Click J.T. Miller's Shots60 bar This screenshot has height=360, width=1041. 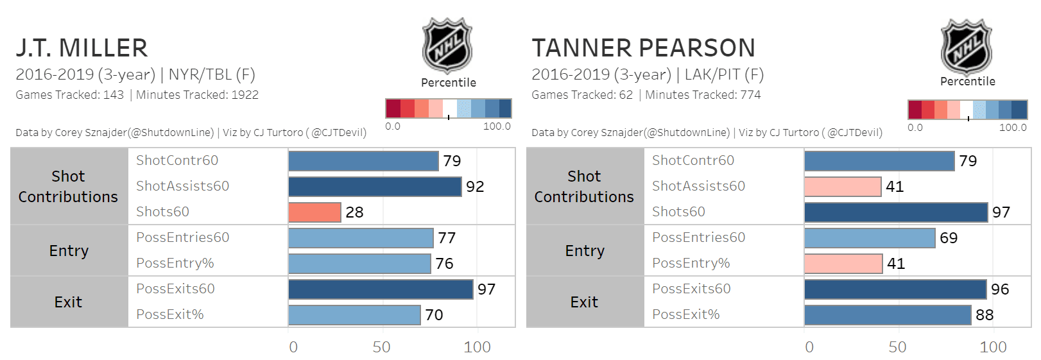(x=314, y=212)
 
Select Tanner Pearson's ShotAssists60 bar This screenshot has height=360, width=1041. (x=842, y=187)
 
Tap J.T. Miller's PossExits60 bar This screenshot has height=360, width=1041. (x=381, y=289)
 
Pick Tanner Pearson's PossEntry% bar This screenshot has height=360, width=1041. (x=843, y=264)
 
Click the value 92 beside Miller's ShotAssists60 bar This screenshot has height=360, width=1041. (x=475, y=187)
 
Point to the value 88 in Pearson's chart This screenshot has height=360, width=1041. (x=985, y=315)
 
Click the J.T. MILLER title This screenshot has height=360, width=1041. (x=82, y=48)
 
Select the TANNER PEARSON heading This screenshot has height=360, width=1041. (x=643, y=48)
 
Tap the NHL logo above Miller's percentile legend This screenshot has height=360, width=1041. (x=447, y=46)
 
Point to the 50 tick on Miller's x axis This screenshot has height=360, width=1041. (x=381, y=347)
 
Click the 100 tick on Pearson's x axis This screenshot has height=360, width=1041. (x=993, y=347)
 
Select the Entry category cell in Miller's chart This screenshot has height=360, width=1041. (x=69, y=251)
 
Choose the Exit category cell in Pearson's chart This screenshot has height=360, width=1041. (x=584, y=302)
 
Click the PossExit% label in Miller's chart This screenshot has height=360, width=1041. (x=170, y=314)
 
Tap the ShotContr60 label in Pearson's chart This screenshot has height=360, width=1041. (x=693, y=160)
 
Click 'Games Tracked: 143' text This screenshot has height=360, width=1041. (x=70, y=95)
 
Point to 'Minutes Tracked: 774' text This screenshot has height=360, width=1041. (x=703, y=95)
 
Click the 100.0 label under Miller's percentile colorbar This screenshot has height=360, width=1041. (x=497, y=126)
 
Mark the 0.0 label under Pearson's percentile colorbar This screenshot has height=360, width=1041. (x=915, y=128)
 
